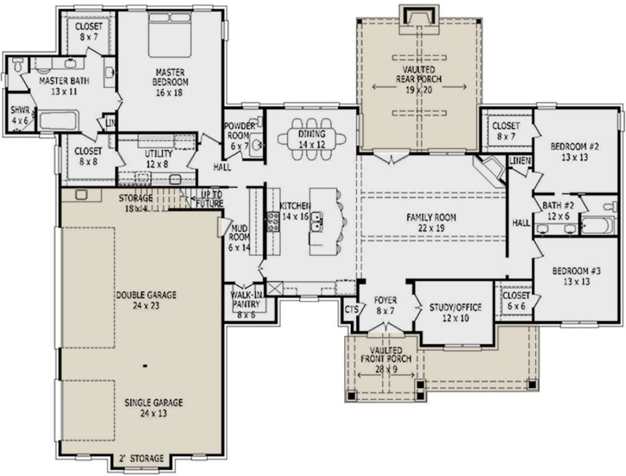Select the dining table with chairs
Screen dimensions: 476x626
pos(311,139)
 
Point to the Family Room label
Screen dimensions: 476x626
pos(431,222)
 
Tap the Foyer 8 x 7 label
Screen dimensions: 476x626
pos(386,305)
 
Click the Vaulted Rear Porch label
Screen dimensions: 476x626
pos(418,80)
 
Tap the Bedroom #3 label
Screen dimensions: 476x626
pos(577,276)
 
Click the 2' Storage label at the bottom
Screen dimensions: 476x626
pos(142,459)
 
